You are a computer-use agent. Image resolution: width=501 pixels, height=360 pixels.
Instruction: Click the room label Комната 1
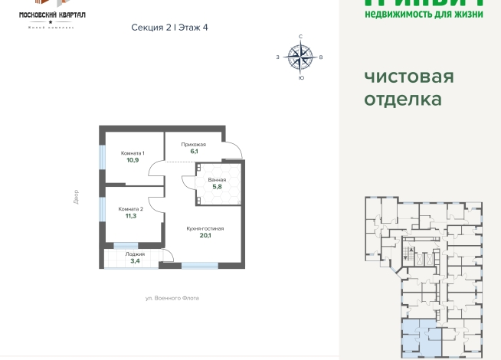pyautogui.click(x=133, y=153)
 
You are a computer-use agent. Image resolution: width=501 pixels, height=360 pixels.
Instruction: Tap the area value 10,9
pyautogui.click(x=133, y=160)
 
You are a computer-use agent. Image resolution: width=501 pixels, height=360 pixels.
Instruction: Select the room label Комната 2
pyautogui.click(x=130, y=209)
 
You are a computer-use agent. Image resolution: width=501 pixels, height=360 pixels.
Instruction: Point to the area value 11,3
pyautogui.click(x=131, y=216)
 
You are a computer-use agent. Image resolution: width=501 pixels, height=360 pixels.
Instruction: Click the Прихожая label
pyautogui.click(x=194, y=144)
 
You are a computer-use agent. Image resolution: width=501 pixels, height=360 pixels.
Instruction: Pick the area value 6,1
pyautogui.click(x=194, y=151)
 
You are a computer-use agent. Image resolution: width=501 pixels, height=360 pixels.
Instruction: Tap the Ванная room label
pyautogui.click(x=217, y=179)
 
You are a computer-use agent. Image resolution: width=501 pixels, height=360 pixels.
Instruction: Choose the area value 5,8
pyautogui.click(x=217, y=186)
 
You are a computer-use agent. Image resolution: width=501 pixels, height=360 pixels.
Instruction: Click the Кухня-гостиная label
pyautogui.click(x=205, y=228)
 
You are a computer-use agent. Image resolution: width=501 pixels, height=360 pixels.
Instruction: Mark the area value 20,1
pyautogui.click(x=205, y=235)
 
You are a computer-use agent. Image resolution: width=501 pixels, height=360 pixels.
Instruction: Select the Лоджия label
pyautogui.click(x=134, y=254)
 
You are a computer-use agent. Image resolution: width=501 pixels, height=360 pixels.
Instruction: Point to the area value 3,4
pyautogui.click(x=134, y=260)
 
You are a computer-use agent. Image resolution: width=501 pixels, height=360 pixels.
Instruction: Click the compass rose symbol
pyautogui.click(x=300, y=56)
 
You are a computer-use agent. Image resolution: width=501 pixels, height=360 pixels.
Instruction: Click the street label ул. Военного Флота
pyautogui.click(x=172, y=298)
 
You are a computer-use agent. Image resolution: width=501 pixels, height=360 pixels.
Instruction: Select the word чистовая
pyautogui.click(x=408, y=76)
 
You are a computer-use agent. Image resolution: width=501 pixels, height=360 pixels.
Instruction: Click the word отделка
pyautogui.click(x=402, y=99)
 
